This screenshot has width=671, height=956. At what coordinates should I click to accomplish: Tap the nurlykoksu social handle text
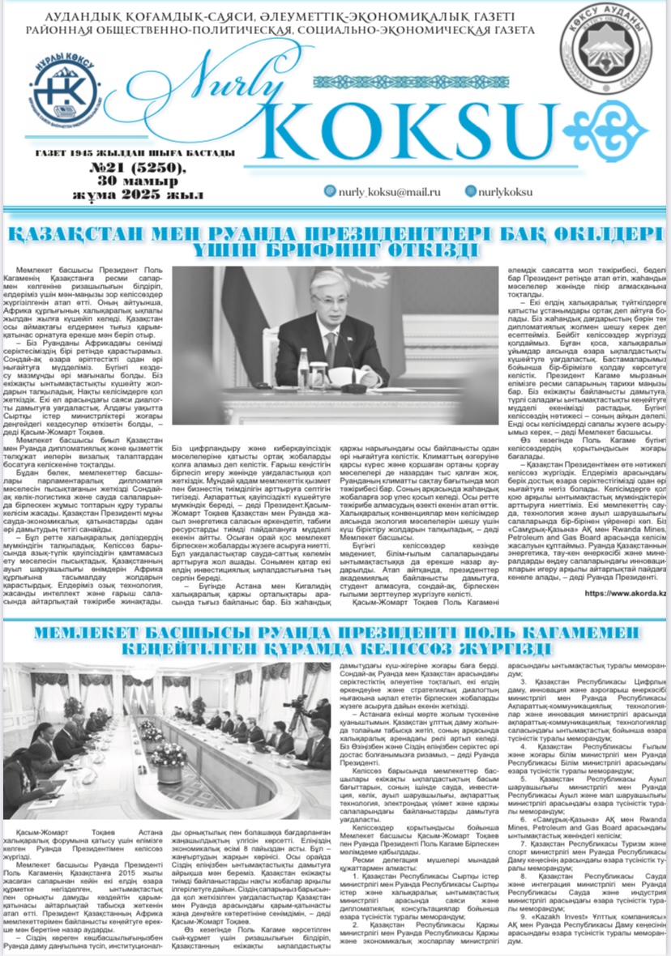pos(503,191)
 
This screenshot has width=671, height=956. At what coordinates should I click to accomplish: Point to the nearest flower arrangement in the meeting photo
pos(170,758)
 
